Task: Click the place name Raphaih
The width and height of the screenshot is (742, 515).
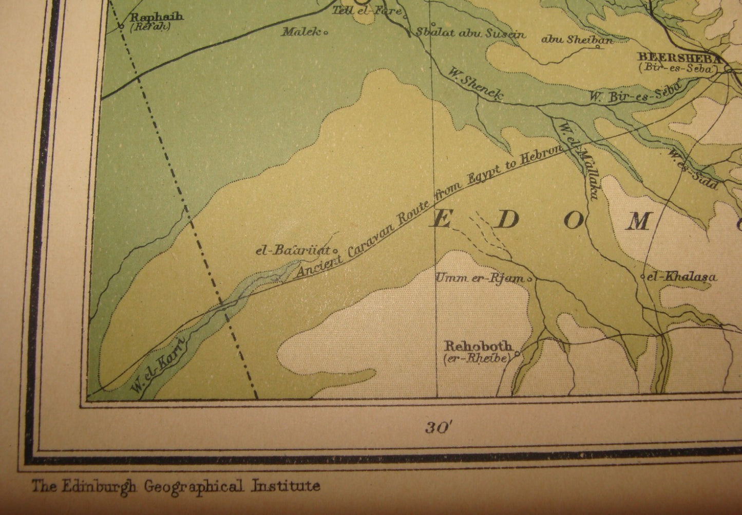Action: point(157,17)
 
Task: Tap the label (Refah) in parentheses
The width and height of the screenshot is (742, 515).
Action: point(150,27)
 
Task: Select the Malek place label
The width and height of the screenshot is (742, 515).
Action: point(301,32)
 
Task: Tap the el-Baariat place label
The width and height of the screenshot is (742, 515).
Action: point(292,251)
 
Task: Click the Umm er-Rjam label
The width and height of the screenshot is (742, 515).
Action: point(480,278)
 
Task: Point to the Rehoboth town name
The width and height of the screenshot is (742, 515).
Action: point(479,346)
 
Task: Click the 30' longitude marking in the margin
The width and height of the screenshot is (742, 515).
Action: point(438,427)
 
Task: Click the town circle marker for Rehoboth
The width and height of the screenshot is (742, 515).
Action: point(517,353)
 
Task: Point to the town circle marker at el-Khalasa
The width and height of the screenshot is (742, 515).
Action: point(643,277)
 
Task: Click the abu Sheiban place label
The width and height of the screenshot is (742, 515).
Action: point(577,39)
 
